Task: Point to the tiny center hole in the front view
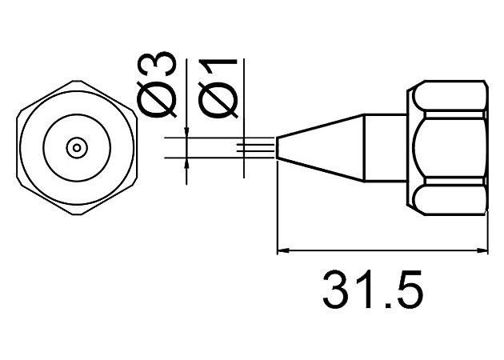[x=77, y=146]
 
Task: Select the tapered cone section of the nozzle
[x=320, y=147]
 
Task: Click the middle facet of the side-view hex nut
[x=452, y=147]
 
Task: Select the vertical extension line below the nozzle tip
[x=276, y=208]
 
